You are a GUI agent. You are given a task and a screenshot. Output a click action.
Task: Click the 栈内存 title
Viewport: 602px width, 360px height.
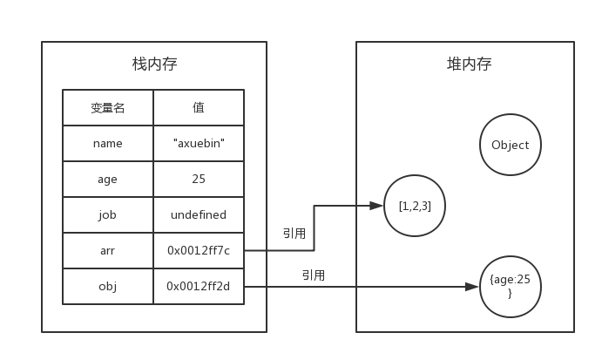pos(154,65)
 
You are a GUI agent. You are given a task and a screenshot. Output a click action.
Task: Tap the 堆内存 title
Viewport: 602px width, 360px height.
pos(469,65)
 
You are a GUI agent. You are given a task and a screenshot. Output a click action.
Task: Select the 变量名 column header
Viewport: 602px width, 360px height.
pos(108,108)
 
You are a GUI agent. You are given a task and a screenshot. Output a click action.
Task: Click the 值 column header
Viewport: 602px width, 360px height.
pos(199,108)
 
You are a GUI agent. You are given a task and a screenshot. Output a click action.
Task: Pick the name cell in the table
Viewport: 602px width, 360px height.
pos(108,144)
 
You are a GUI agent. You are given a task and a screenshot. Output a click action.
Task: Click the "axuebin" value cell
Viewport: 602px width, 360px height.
pos(199,144)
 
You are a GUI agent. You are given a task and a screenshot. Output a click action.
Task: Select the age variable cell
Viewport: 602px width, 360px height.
pos(108,180)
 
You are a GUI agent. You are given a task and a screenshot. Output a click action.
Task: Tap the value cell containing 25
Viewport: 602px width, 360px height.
pos(199,180)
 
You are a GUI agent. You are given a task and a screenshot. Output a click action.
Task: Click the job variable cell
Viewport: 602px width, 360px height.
pos(108,215)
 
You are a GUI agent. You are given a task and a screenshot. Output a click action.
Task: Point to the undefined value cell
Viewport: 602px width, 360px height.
pos(199,215)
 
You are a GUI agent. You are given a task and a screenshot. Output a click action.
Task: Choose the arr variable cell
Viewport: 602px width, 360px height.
pos(108,251)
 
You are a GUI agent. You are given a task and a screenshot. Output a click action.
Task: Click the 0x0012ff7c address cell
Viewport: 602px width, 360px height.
pos(199,251)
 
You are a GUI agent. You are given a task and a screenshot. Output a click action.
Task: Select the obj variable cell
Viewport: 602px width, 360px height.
pos(108,287)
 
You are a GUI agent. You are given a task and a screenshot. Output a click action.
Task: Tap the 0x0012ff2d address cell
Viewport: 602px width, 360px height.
pos(199,287)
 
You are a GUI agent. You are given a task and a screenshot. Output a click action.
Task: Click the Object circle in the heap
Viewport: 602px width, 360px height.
pos(511,146)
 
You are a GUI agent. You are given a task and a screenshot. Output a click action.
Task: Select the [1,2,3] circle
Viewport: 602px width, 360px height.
pos(415,206)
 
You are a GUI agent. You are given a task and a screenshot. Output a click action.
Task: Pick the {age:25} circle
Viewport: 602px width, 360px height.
pos(511,287)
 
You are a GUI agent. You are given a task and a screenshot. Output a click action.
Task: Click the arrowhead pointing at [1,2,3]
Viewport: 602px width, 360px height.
pos(376,206)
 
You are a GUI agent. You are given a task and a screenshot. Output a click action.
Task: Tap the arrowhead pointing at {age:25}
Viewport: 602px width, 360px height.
pos(472,287)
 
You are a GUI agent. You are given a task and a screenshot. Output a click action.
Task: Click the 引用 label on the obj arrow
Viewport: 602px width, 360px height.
pos(314,275)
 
